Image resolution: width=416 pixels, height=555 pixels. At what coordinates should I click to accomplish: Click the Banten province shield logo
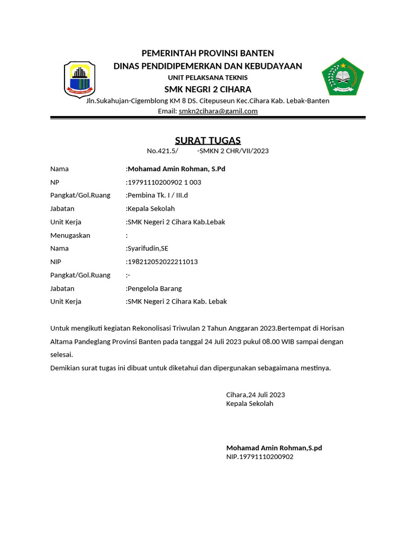point(80,79)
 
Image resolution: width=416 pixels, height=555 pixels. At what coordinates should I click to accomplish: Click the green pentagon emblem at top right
point(342,76)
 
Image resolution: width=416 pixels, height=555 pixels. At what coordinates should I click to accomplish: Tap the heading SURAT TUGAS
point(207,140)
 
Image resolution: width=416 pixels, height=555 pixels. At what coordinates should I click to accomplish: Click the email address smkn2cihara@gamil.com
point(218,111)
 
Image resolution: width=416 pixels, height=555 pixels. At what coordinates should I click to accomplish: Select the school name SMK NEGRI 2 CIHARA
point(207,89)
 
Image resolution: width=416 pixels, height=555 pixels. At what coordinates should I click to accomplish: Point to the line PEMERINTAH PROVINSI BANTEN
point(207,53)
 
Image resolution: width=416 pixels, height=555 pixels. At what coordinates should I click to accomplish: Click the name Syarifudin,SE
point(148,248)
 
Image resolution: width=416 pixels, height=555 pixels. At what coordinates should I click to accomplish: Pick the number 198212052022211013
point(162,262)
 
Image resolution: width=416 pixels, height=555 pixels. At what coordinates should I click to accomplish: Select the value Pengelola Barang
point(154,288)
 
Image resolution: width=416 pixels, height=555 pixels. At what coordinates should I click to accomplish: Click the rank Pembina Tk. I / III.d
point(158,195)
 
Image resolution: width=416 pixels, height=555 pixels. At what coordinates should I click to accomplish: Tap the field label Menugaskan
point(70,235)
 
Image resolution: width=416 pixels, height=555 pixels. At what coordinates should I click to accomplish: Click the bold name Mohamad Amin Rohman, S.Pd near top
point(176,169)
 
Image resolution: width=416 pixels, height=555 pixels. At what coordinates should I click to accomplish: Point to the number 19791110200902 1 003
point(164,182)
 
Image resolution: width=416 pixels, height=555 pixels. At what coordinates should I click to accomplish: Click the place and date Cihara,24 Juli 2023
point(255,395)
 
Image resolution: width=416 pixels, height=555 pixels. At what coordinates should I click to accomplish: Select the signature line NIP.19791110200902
point(259,457)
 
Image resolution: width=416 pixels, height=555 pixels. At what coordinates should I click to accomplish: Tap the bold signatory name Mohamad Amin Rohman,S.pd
point(274,448)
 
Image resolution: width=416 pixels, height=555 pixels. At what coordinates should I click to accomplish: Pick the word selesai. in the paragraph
point(61,354)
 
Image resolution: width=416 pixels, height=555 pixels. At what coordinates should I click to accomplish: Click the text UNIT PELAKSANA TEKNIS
point(207,78)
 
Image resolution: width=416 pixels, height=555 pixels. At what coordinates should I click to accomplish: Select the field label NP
point(54,182)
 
